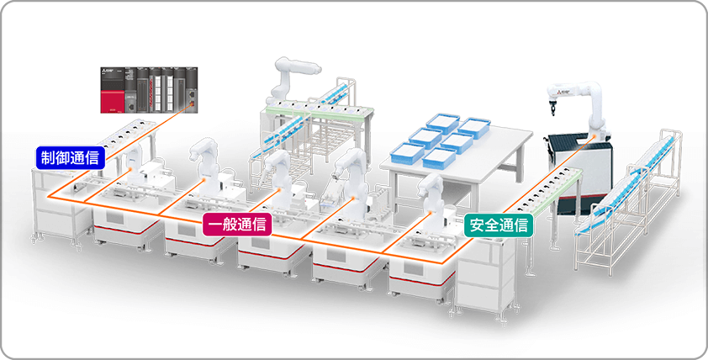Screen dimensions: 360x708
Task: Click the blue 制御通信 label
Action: [70, 156]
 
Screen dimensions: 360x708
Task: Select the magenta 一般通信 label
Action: [237, 224]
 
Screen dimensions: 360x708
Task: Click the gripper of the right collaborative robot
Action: [551, 108]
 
